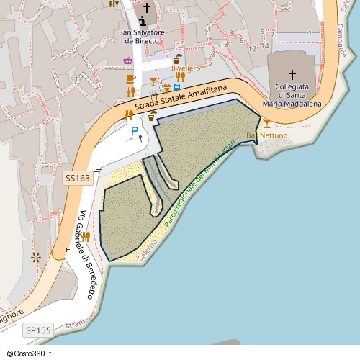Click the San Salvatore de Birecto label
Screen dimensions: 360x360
[x=143, y=37]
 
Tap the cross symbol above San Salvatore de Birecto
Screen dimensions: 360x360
[x=147, y=8]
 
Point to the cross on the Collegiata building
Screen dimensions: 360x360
[x=292, y=74]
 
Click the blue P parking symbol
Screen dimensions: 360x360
[x=134, y=131]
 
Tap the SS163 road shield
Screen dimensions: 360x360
[x=78, y=177]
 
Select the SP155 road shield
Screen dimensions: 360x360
[x=38, y=330]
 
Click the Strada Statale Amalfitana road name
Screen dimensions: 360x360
[x=180, y=99]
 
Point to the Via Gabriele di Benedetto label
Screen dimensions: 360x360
[x=86, y=255]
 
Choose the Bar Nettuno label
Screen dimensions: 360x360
[x=267, y=135]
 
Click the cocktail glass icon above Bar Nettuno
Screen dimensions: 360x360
[x=267, y=123]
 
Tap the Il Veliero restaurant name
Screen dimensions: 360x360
[x=185, y=68]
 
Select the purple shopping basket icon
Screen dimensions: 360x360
[x=127, y=61]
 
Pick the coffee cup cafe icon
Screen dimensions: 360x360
[x=130, y=78]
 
